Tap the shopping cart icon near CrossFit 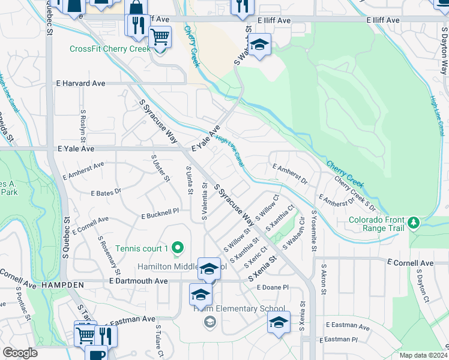[x=160, y=37]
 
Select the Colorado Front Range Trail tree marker [x=413, y=224]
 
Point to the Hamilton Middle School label [x=180, y=266]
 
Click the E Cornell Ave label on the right [x=410, y=263]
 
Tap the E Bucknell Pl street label [x=160, y=214]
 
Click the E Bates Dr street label [x=106, y=193]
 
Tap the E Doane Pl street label [x=273, y=288]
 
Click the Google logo [x=19, y=353]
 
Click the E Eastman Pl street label [x=338, y=340]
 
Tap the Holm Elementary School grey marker [x=209, y=323]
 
